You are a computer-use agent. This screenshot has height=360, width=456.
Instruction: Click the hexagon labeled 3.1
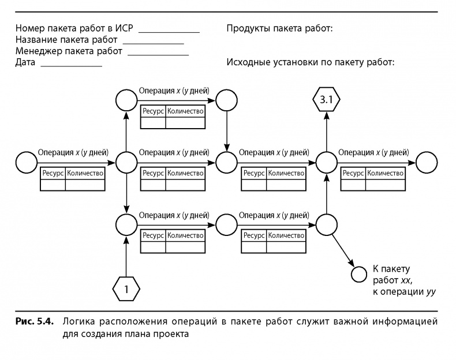click(x=327, y=101)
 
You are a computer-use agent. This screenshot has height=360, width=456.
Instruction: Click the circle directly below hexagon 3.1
click(x=327, y=162)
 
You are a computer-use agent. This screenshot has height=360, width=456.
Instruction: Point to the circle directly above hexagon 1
click(x=125, y=224)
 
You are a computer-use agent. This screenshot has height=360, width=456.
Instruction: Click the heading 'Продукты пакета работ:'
click(x=280, y=28)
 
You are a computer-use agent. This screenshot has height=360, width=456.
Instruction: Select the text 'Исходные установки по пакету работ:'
click(x=311, y=62)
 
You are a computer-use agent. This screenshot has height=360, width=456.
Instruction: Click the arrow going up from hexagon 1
click(x=125, y=254)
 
